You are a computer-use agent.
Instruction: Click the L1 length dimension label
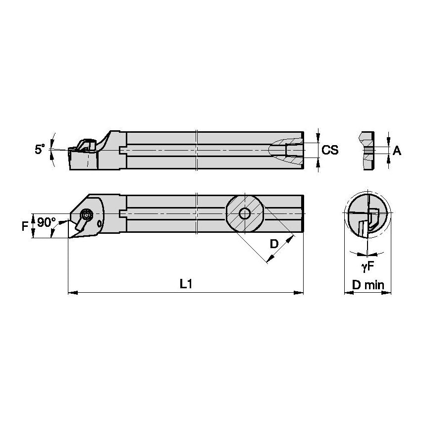(186, 284)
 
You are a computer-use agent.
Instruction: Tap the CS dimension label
(330, 150)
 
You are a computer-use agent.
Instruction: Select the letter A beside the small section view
(396, 151)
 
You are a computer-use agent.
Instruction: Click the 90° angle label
(47, 222)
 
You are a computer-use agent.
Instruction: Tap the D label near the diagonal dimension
(273, 243)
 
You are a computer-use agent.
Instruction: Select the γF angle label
(367, 267)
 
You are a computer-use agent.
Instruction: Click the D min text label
(368, 285)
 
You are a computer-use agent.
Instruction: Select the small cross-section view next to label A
(367, 151)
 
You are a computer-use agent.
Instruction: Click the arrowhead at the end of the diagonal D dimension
(269, 259)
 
